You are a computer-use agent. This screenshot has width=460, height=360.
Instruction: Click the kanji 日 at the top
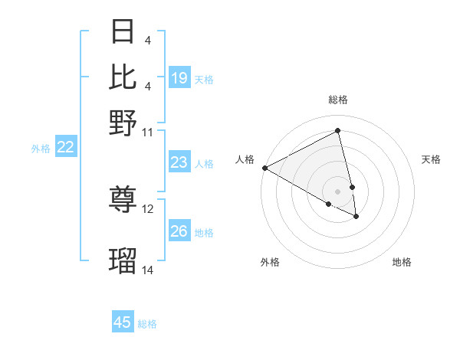point(124,31)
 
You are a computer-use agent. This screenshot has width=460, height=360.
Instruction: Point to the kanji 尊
point(124,200)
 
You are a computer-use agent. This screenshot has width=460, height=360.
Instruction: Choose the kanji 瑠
point(124,261)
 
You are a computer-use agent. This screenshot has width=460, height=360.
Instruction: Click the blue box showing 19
point(179,77)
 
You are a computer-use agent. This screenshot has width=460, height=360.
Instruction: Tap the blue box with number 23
point(179,162)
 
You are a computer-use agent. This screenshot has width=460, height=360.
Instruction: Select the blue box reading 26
point(179,231)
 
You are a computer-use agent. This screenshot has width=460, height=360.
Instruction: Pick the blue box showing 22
point(65,148)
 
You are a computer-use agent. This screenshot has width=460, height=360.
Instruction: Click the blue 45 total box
point(123,322)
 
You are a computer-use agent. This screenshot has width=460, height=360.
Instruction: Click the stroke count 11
point(148,132)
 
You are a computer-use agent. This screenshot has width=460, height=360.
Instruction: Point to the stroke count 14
point(148,270)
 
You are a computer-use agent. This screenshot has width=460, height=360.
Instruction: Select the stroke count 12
point(148,208)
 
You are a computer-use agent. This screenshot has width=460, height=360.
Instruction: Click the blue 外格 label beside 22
point(41,149)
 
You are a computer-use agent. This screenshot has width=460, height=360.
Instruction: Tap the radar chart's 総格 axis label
point(337,100)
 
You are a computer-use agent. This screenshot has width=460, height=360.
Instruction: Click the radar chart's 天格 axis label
point(431,159)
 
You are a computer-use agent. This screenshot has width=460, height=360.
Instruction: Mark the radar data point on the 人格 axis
point(264,168)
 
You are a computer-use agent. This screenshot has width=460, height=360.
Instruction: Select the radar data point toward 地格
point(356,217)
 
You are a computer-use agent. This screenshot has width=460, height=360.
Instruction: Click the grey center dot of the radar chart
point(337,191)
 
